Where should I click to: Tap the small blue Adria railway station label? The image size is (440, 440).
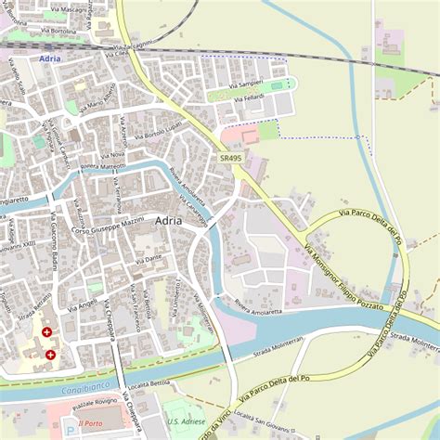click(x=50, y=58)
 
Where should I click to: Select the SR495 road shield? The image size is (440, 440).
click(x=232, y=159)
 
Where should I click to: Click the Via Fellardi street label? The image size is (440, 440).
click(x=249, y=97)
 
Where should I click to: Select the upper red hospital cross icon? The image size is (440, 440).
click(x=46, y=331)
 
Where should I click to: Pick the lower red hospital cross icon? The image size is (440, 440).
click(x=50, y=354)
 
